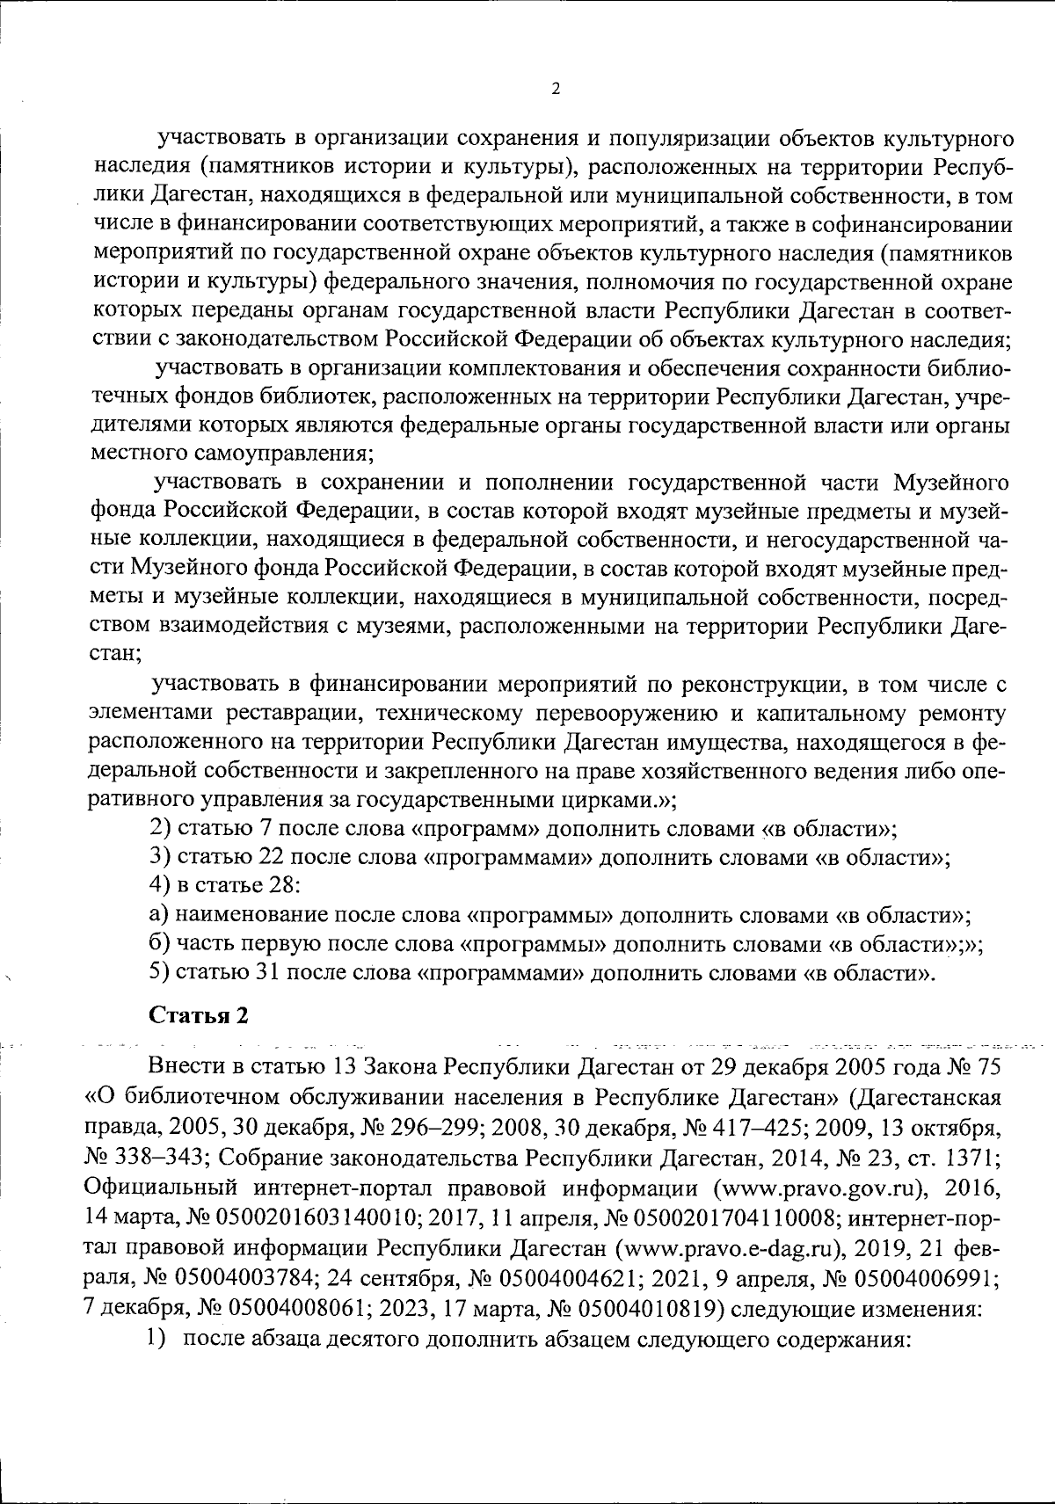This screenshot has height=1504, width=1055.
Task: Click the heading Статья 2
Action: [199, 1015]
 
